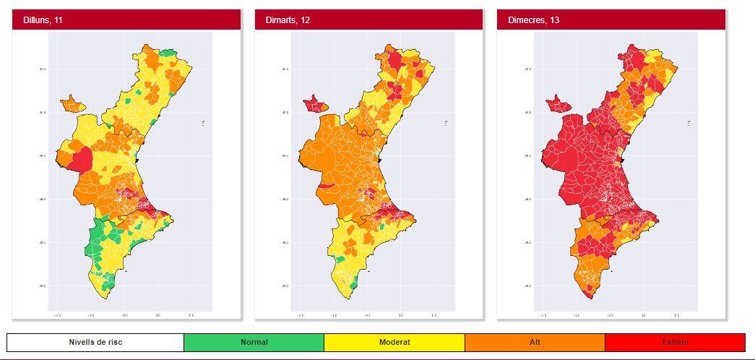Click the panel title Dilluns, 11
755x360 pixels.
[x=43, y=20]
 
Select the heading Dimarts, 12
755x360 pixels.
[x=288, y=20]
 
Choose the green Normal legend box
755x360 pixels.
[x=254, y=342]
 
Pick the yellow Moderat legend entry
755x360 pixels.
[x=394, y=342]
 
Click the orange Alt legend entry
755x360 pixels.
[x=535, y=342]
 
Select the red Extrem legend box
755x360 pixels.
[x=675, y=342]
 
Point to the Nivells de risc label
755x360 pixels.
[x=95, y=342]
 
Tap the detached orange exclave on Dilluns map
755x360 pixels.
[x=72, y=104]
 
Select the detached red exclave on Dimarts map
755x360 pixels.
[x=314, y=104]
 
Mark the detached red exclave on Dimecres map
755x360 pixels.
[x=557, y=104]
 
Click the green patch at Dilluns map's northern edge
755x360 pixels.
[x=168, y=53]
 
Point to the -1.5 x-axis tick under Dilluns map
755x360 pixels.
[x=58, y=315]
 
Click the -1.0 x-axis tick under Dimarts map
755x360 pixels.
[x=334, y=315]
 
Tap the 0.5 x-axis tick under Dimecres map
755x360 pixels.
[x=676, y=315]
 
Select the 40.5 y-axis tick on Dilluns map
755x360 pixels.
[x=43, y=69]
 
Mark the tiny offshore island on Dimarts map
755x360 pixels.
[x=446, y=124]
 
